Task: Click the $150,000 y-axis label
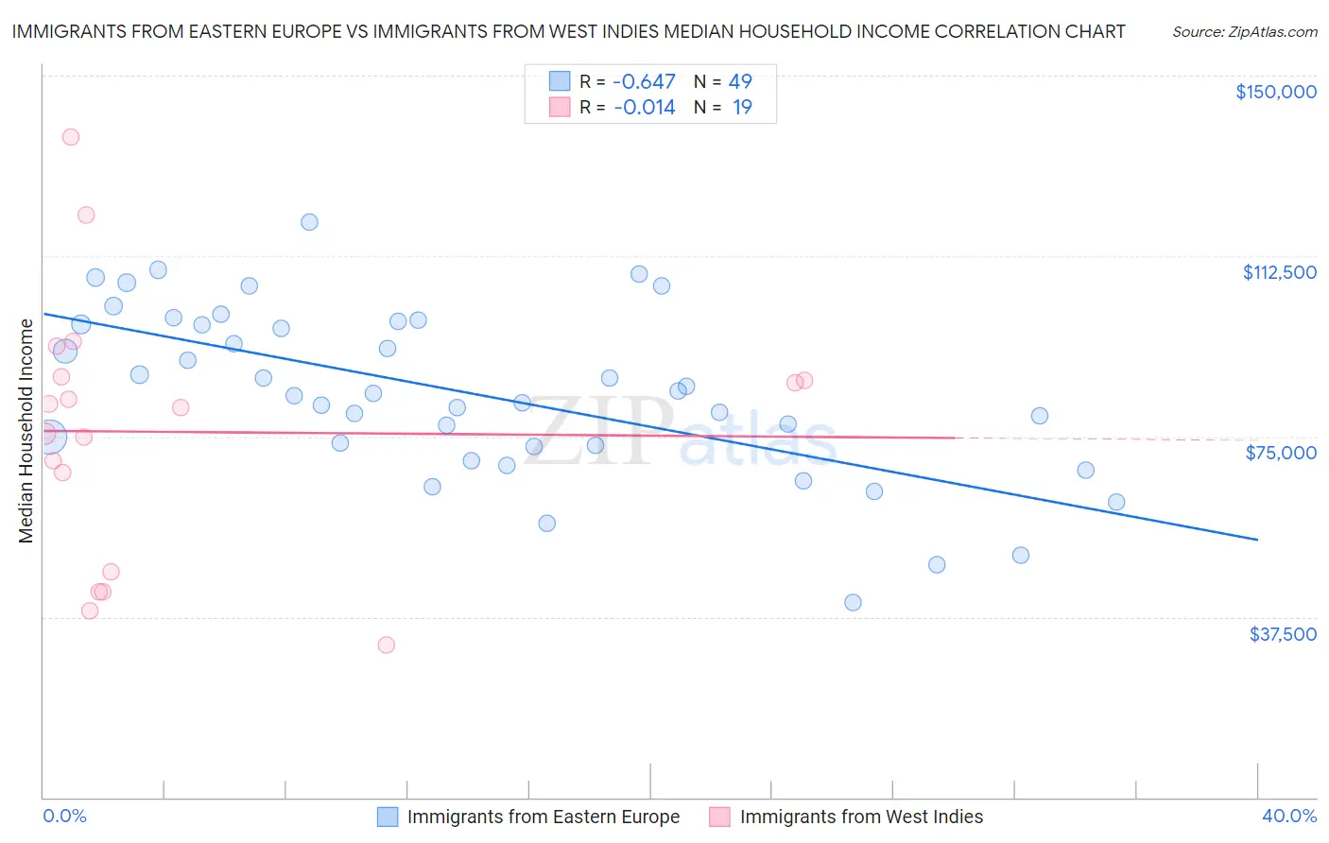[1275, 92]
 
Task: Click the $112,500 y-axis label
[1279, 272]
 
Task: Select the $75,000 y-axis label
[1281, 453]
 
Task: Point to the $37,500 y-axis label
[1283, 634]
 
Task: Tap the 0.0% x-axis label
[64, 816]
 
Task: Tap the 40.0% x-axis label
[1288, 816]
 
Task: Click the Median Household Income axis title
[26, 431]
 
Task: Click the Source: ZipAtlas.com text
[1244, 31]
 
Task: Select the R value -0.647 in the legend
[645, 82]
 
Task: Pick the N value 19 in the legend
[742, 108]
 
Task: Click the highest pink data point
[71, 137]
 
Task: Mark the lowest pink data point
[386, 645]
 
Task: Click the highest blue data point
[309, 222]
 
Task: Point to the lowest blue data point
[853, 602]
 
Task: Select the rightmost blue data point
[1116, 502]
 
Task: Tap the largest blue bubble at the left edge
[49, 437]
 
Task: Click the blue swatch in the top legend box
[560, 82]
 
